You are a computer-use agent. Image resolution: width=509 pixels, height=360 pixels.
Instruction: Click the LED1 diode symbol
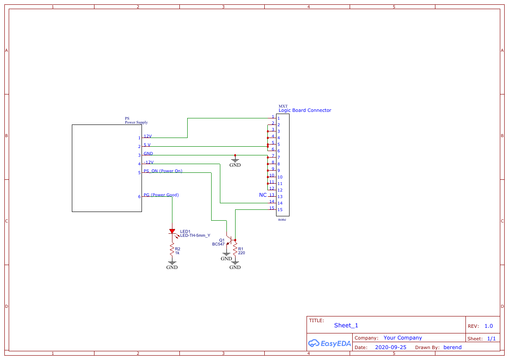click(172, 232)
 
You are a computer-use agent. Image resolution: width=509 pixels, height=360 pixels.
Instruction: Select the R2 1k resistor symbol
click(172, 249)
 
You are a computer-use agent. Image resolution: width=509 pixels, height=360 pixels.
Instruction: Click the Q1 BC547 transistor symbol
click(230, 240)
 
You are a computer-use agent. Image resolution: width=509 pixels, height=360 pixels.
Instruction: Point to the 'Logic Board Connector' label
click(305, 111)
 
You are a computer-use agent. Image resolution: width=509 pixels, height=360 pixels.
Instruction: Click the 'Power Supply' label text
click(136, 122)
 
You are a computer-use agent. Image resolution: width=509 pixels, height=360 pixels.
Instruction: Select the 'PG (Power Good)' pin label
click(161, 195)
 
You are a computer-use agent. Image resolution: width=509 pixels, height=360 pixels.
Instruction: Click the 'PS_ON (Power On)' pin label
click(163, 171)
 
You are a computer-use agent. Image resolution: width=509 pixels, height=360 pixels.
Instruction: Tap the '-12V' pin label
click(148, 162)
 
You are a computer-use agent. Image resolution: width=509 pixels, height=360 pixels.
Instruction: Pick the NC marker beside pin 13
click(263, 195)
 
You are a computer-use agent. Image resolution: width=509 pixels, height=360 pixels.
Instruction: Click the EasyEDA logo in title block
click(330, 343)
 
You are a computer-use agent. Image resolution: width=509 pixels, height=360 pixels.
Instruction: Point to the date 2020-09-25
click(391, 347)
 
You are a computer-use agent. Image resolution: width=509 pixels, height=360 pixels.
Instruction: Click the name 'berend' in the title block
click(452, 347)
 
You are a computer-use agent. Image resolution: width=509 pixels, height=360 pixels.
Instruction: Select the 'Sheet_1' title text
click(346, 325)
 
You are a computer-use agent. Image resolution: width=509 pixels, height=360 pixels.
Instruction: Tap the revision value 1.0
click(489, 326)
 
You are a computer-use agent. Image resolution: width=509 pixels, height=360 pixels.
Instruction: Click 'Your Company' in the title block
click(403, 338)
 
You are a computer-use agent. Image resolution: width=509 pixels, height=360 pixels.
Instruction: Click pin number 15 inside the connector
click(280, 210)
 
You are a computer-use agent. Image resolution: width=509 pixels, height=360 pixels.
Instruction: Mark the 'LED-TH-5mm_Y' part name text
click(195, 236)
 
